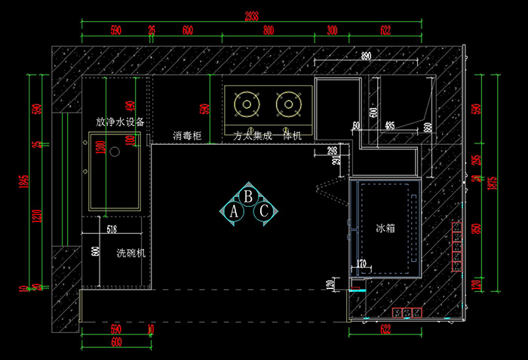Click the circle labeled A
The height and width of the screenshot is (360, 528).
[235, 212]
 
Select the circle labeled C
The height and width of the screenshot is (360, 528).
[264, 212]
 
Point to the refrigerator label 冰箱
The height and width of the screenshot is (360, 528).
[385, 226]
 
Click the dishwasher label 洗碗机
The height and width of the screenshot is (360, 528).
[130, 254]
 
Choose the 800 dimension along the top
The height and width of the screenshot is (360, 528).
[269, 31]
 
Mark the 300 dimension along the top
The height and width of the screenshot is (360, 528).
[332, 31]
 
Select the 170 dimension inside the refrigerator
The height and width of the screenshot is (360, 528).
[362, 263]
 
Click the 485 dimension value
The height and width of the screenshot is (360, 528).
[389, 125]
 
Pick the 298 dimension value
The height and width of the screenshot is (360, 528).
[333, 151]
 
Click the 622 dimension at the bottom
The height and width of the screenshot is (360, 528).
[385, 328]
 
